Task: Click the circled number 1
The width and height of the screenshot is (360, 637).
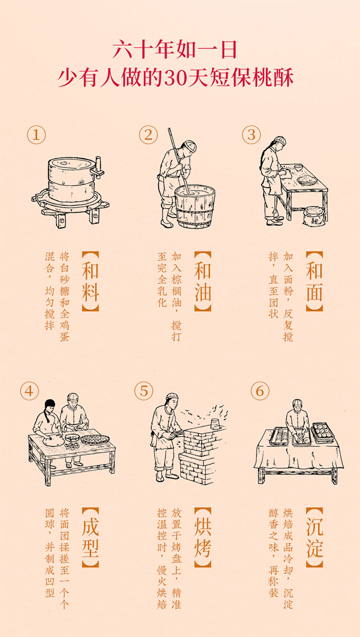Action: coord(36,135)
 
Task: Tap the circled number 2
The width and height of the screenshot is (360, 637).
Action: coord(148,135)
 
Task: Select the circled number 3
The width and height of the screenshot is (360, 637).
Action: coord(252,135)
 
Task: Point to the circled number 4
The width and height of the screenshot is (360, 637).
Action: coord(29,391)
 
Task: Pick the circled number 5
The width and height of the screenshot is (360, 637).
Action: coord(144,391)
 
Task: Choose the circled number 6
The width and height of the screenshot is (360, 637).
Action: coord(260,391)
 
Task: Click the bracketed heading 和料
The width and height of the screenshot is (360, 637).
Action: coord(90,281)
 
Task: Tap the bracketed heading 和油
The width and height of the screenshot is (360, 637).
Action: coord(203,281)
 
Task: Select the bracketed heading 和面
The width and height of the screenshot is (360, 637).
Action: coord(314,281)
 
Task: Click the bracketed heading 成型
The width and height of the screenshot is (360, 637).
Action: coord(90,537)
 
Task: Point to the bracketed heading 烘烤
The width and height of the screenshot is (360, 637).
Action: coord(203,537)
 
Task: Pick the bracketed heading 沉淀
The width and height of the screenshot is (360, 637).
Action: coord(314,537)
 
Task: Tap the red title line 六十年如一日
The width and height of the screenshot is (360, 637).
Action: coord(175,50)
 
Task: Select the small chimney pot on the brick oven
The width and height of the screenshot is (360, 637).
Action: coord(215,424)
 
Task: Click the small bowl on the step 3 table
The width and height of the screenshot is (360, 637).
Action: coord(298,168)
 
